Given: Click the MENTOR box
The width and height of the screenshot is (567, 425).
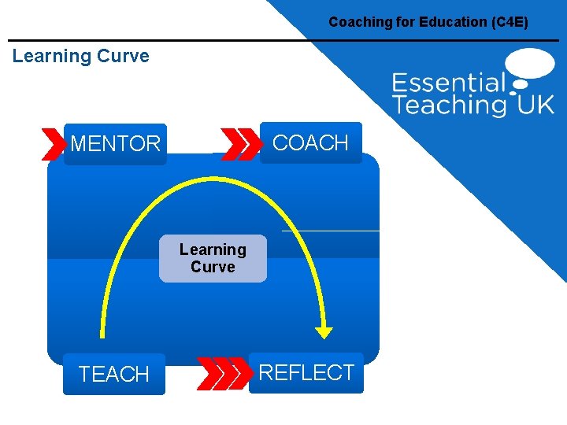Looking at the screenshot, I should [115, 144].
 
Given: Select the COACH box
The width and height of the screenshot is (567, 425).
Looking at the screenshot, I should [310, 142].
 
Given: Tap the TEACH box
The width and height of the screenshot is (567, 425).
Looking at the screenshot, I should [114, 375].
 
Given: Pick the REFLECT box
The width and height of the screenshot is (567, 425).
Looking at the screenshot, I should [306, 372].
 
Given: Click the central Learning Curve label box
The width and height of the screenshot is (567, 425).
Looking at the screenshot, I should [213, 258].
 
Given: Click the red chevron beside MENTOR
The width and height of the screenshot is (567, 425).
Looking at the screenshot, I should [54, 144].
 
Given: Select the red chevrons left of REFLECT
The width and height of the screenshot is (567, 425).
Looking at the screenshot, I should [222, 373].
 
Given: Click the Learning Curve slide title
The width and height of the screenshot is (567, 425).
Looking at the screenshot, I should [81, 56].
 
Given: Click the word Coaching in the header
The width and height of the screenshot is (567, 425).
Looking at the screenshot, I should [358, 22].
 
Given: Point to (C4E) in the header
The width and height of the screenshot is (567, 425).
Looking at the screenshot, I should [509, 22].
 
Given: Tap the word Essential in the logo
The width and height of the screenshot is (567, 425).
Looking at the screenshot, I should [449, 83].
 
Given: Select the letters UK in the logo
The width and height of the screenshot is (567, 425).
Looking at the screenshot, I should [535, 105].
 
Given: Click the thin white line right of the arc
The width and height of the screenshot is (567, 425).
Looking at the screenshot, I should [331, 231].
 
